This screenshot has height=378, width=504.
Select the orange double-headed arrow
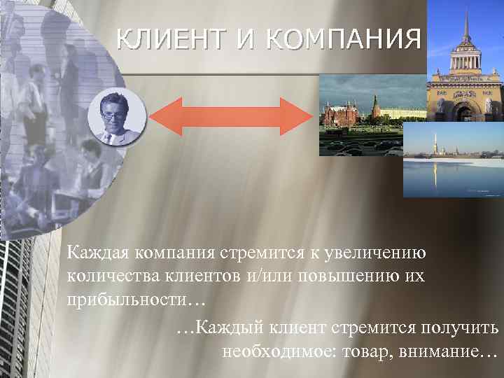click(x=241, y=116)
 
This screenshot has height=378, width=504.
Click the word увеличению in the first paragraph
click(x=384, y=251)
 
